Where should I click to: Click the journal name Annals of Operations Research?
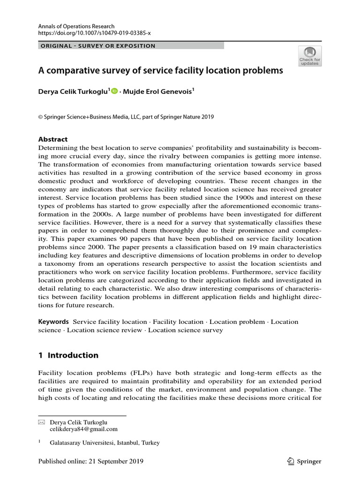(76, 27)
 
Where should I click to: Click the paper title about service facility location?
(161, 71)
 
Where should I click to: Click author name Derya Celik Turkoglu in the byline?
(74, 92)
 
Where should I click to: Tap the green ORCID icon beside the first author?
(115, 92)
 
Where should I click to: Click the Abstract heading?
(52, 139)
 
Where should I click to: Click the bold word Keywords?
(53, 322)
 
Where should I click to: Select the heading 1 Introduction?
(68, 355)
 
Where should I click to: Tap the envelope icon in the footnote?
(41, 422)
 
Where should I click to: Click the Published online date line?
(90, 461)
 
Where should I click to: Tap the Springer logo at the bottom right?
(304, 462)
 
